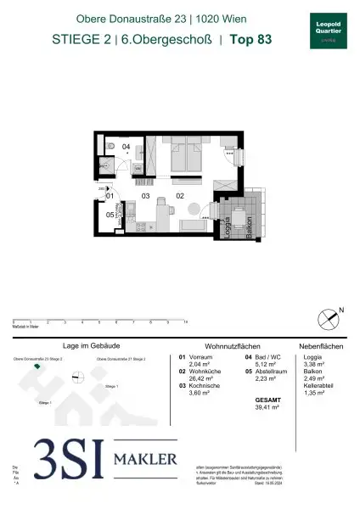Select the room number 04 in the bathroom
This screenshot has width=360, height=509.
pos(126,147)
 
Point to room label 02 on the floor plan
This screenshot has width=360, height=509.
pos(180,196)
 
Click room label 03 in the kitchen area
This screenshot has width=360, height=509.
pos(145,196)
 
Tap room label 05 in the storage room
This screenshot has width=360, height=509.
pos(110,215)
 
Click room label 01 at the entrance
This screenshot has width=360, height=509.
pos(110,196)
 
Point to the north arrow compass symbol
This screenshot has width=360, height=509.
pos(330,316)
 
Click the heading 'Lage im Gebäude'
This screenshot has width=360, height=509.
pos(88,347)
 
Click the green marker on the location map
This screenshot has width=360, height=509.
pos(37,366)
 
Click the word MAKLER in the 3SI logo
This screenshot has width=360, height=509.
pos(145,459)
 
